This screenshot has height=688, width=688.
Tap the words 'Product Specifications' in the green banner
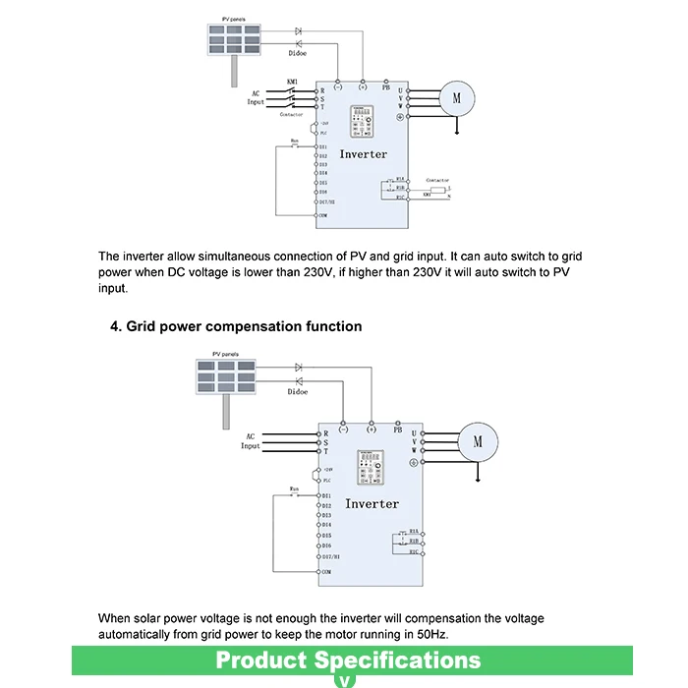(348, 659)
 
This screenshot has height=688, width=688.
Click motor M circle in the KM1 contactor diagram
(456, 96)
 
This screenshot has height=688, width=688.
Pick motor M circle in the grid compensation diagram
(478, 441)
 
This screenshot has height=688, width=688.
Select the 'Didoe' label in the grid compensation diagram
(298, 392)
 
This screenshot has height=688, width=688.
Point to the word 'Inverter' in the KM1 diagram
(364, 154)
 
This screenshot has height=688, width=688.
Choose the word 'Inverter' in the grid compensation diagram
(372, 503)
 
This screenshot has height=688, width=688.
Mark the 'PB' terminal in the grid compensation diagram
(398, 430)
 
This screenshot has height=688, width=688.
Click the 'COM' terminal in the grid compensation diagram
(326, 571)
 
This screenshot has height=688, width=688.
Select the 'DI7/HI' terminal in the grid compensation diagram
(329, 556)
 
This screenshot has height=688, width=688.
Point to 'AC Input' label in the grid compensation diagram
(252, 441)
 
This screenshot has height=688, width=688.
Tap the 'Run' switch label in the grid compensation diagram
(293, 487)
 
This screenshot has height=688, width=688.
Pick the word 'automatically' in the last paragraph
(143, 634)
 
